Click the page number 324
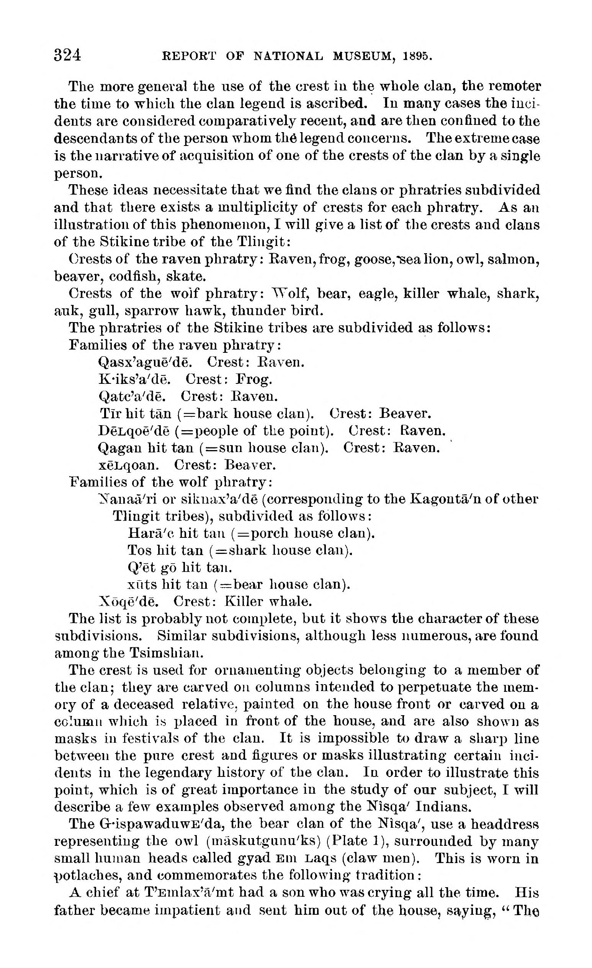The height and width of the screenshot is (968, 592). pos(67,56)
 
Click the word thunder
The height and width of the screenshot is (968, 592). pos(257,311)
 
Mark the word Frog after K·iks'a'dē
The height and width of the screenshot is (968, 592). pos(254,379)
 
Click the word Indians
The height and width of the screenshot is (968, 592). pos(443,807)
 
